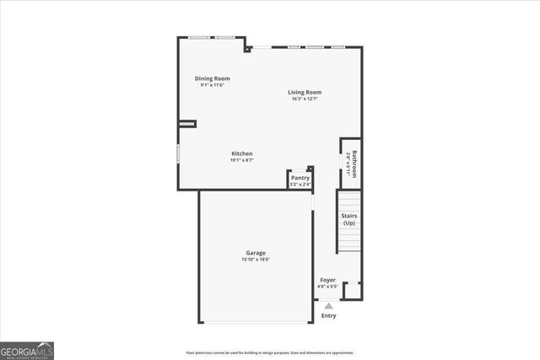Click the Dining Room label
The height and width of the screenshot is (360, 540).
(213, 78)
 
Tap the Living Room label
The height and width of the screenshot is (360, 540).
(305, 93)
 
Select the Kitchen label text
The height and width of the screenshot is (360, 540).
(242, 153)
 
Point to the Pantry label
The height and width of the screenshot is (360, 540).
(300, 178)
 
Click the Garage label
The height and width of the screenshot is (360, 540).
(256, 253)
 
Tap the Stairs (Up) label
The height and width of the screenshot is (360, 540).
(348, 219)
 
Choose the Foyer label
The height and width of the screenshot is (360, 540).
(327, 280)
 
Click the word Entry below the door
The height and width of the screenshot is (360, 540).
(328, 316)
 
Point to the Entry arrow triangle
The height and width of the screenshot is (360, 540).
(329, 306)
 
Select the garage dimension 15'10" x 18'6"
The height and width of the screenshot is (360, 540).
(256, 260)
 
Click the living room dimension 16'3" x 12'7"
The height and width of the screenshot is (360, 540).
(305, 99)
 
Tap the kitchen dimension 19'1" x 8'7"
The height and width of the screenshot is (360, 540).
(242, 160)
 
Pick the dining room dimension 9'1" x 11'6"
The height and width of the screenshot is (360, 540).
(213, 85)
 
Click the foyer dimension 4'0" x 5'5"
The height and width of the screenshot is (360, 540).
(327, 287)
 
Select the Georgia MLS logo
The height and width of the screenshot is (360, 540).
(27, 350)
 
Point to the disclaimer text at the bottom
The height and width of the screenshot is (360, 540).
(269, 352)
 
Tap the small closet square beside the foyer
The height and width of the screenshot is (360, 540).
(352, 291)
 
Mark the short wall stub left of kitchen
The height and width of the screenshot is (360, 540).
(186, 124)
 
